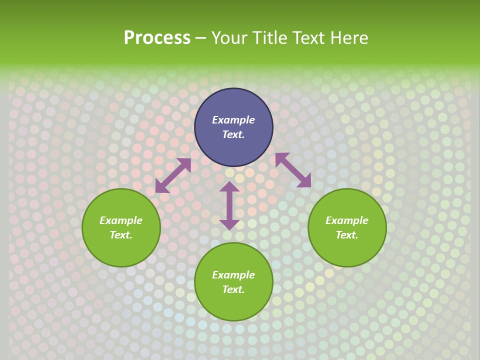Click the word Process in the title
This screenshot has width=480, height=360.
157,38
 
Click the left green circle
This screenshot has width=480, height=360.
121,245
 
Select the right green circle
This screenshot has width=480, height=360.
347,245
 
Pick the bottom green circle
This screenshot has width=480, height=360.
233,300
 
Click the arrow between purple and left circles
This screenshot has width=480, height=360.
173,175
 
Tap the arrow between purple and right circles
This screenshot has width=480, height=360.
293,170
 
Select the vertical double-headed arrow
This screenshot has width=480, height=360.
229,205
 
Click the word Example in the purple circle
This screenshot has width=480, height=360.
233,120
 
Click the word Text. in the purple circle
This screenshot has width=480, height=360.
233,134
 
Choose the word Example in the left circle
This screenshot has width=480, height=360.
121,220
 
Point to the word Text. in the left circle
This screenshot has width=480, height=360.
121,235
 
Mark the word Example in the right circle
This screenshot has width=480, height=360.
347,220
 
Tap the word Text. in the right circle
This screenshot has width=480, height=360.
347,235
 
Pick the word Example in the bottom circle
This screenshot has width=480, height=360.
233,275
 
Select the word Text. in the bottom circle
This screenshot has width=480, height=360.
233,289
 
